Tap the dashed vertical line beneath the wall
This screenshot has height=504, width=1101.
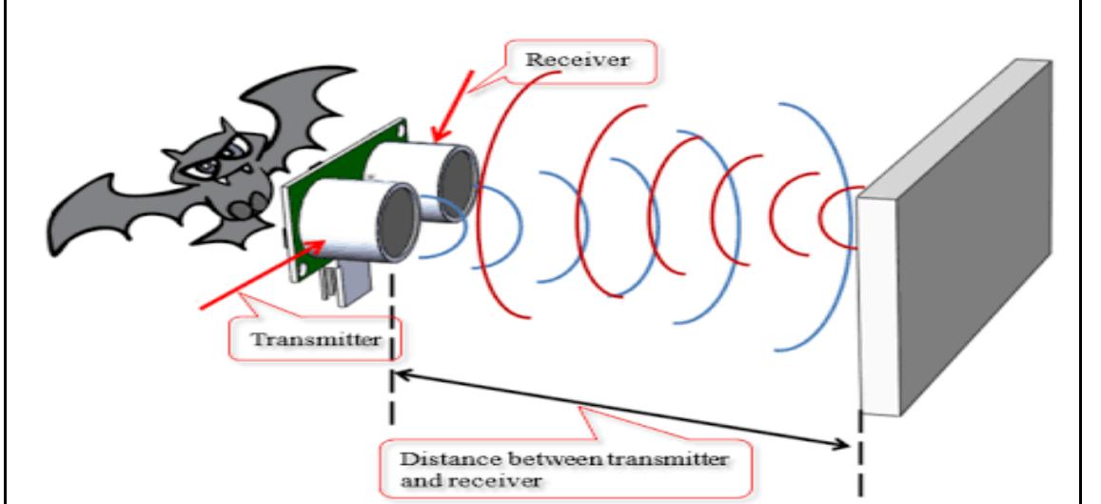coord(863,457)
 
